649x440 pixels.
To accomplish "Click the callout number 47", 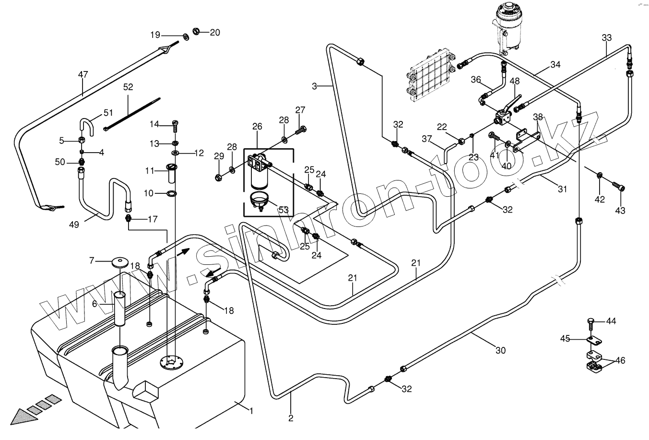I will click(x=83, y=74).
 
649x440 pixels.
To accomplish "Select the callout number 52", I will click(x=128, y=87).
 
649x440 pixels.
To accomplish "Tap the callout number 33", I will click(x=607, y=38).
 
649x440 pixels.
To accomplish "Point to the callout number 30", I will click(x=500, y=351).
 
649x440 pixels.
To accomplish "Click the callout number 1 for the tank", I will click(x=251, y=411).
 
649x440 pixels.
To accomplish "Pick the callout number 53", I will click(x=283, y=209).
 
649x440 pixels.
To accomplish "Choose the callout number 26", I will click(x=257, y=127).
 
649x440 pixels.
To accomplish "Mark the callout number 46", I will click(x=620, y=360).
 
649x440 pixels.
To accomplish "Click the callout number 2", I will click(x=291, y=418).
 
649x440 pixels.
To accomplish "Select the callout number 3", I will click(x=315, y=86).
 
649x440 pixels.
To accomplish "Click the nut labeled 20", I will click(x=196, y=32).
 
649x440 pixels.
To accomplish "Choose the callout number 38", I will click(x=538, y=117).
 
